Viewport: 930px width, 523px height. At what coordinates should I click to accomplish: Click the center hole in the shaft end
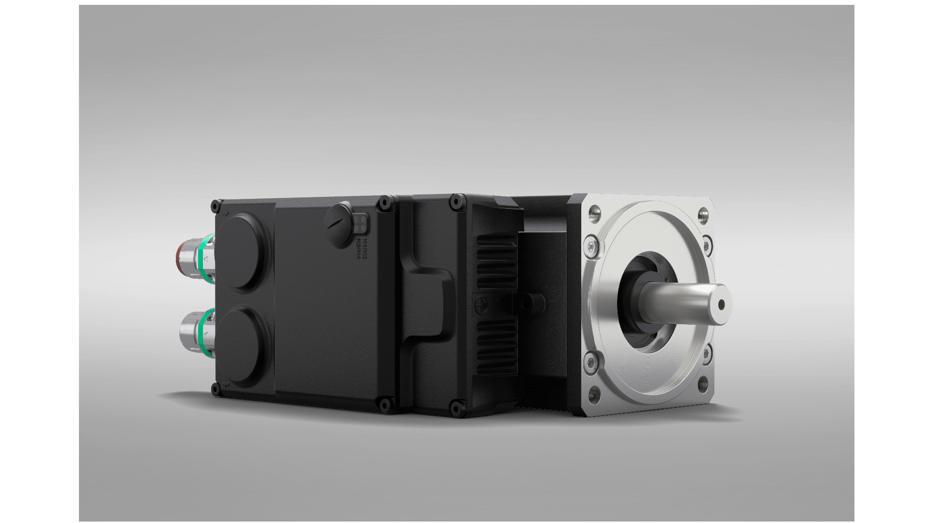[x=721, y=304]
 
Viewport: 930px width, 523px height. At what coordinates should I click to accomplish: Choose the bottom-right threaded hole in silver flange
[x=702, y=386]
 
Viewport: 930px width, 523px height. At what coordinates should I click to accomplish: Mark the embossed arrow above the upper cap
[x=226, y=213]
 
